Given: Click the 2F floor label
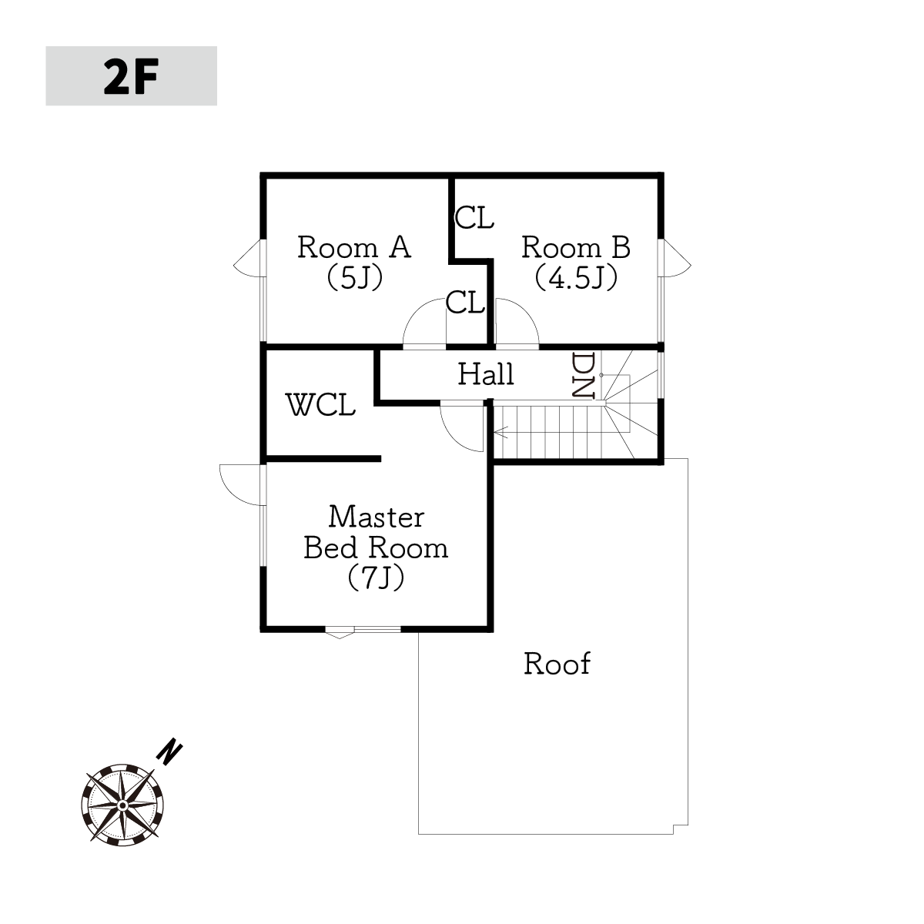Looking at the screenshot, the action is pos(131,76).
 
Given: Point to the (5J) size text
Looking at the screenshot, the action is pos(355,278).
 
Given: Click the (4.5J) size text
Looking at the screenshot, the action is pos(576,278).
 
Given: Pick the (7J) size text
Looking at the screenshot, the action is pos(376,577).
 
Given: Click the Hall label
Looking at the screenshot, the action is pos(486,374).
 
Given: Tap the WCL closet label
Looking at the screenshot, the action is pos(320,404).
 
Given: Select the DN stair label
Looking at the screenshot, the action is pos(584,376).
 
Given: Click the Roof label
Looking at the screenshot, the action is pos(557,664).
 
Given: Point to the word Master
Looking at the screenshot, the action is pos(377,517).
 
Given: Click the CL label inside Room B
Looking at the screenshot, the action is pos(474,217).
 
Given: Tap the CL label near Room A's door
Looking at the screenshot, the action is pos(465,303).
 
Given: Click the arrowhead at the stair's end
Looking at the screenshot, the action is pos(500,432).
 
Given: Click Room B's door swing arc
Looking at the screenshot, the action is pos(526,312).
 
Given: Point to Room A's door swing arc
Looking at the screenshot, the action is pos(415,312).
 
